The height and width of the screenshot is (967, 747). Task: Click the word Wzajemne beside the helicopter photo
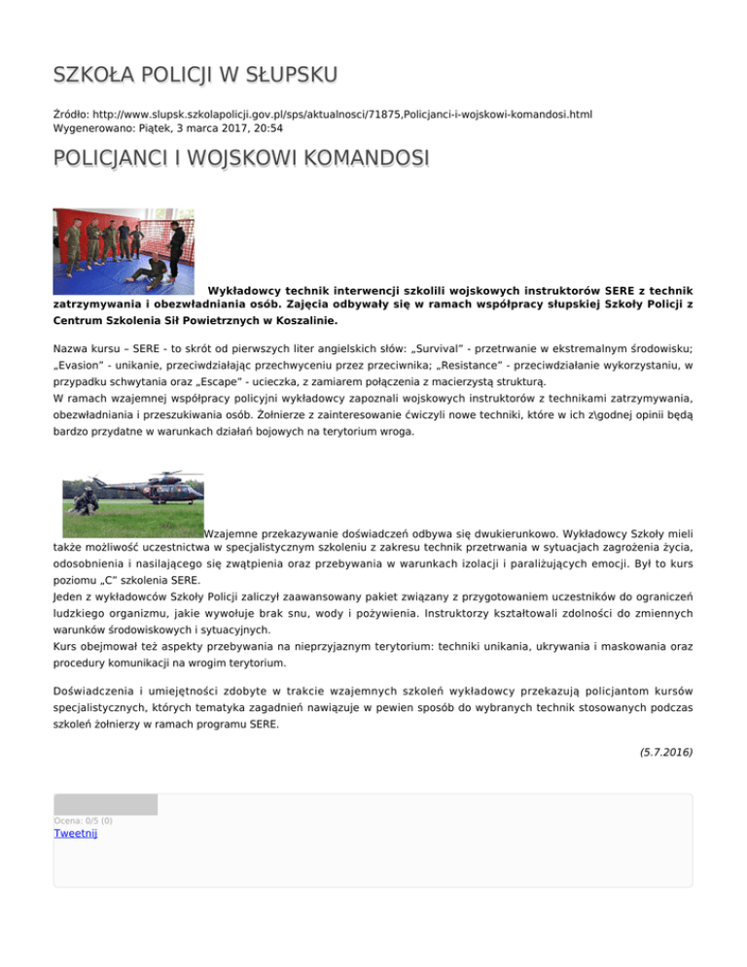[x=239, y=533]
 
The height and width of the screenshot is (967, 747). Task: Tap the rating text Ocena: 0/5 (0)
[x=84, y=820]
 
